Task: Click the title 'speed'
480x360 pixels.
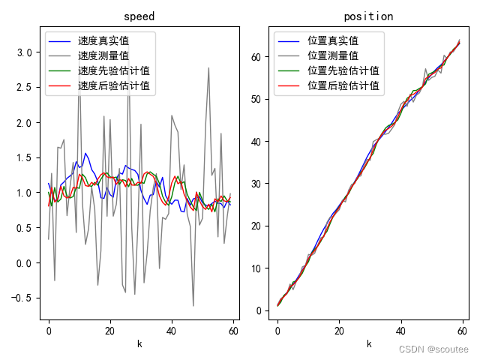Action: click(139, 16)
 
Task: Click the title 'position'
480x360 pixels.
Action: click(368, 16)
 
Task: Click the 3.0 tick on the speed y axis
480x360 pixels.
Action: click(24, 52)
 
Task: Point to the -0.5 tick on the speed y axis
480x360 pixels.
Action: click(21, 298)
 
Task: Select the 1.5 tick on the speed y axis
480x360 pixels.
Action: click(24, 157)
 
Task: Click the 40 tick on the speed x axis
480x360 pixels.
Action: click(171, 331)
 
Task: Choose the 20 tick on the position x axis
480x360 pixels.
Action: click(339, 331)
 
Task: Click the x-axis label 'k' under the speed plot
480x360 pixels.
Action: click(139, 343)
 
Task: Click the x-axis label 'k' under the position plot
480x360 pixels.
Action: click(368, 343)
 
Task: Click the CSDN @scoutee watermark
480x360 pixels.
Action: click(433, 349)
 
